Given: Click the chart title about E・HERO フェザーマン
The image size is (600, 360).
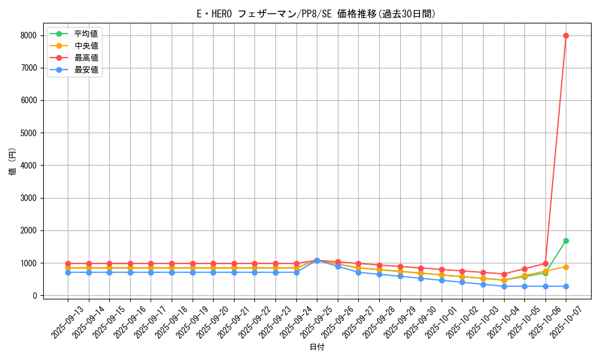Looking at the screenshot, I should coord(316,14).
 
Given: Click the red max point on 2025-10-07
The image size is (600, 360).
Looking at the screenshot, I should coord(566,35).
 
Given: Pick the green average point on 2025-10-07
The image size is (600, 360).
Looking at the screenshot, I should coord(566,241).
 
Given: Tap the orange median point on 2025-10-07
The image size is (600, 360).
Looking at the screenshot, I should coord(566,267).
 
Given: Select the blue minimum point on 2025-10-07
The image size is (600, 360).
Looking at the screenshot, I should coord(566,286).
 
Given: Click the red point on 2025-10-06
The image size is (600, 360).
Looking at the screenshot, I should coord(545,263).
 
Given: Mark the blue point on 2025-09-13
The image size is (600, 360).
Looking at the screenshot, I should coord(68,272).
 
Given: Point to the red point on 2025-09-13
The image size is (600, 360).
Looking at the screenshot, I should coord(68,263).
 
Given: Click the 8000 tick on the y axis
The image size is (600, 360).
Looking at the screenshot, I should coord(28,35).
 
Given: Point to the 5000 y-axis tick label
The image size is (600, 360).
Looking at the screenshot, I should coord(28,133).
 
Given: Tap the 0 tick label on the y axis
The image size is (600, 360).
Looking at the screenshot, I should coord(35,296).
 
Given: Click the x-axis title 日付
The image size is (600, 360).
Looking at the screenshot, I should coord(316,347).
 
